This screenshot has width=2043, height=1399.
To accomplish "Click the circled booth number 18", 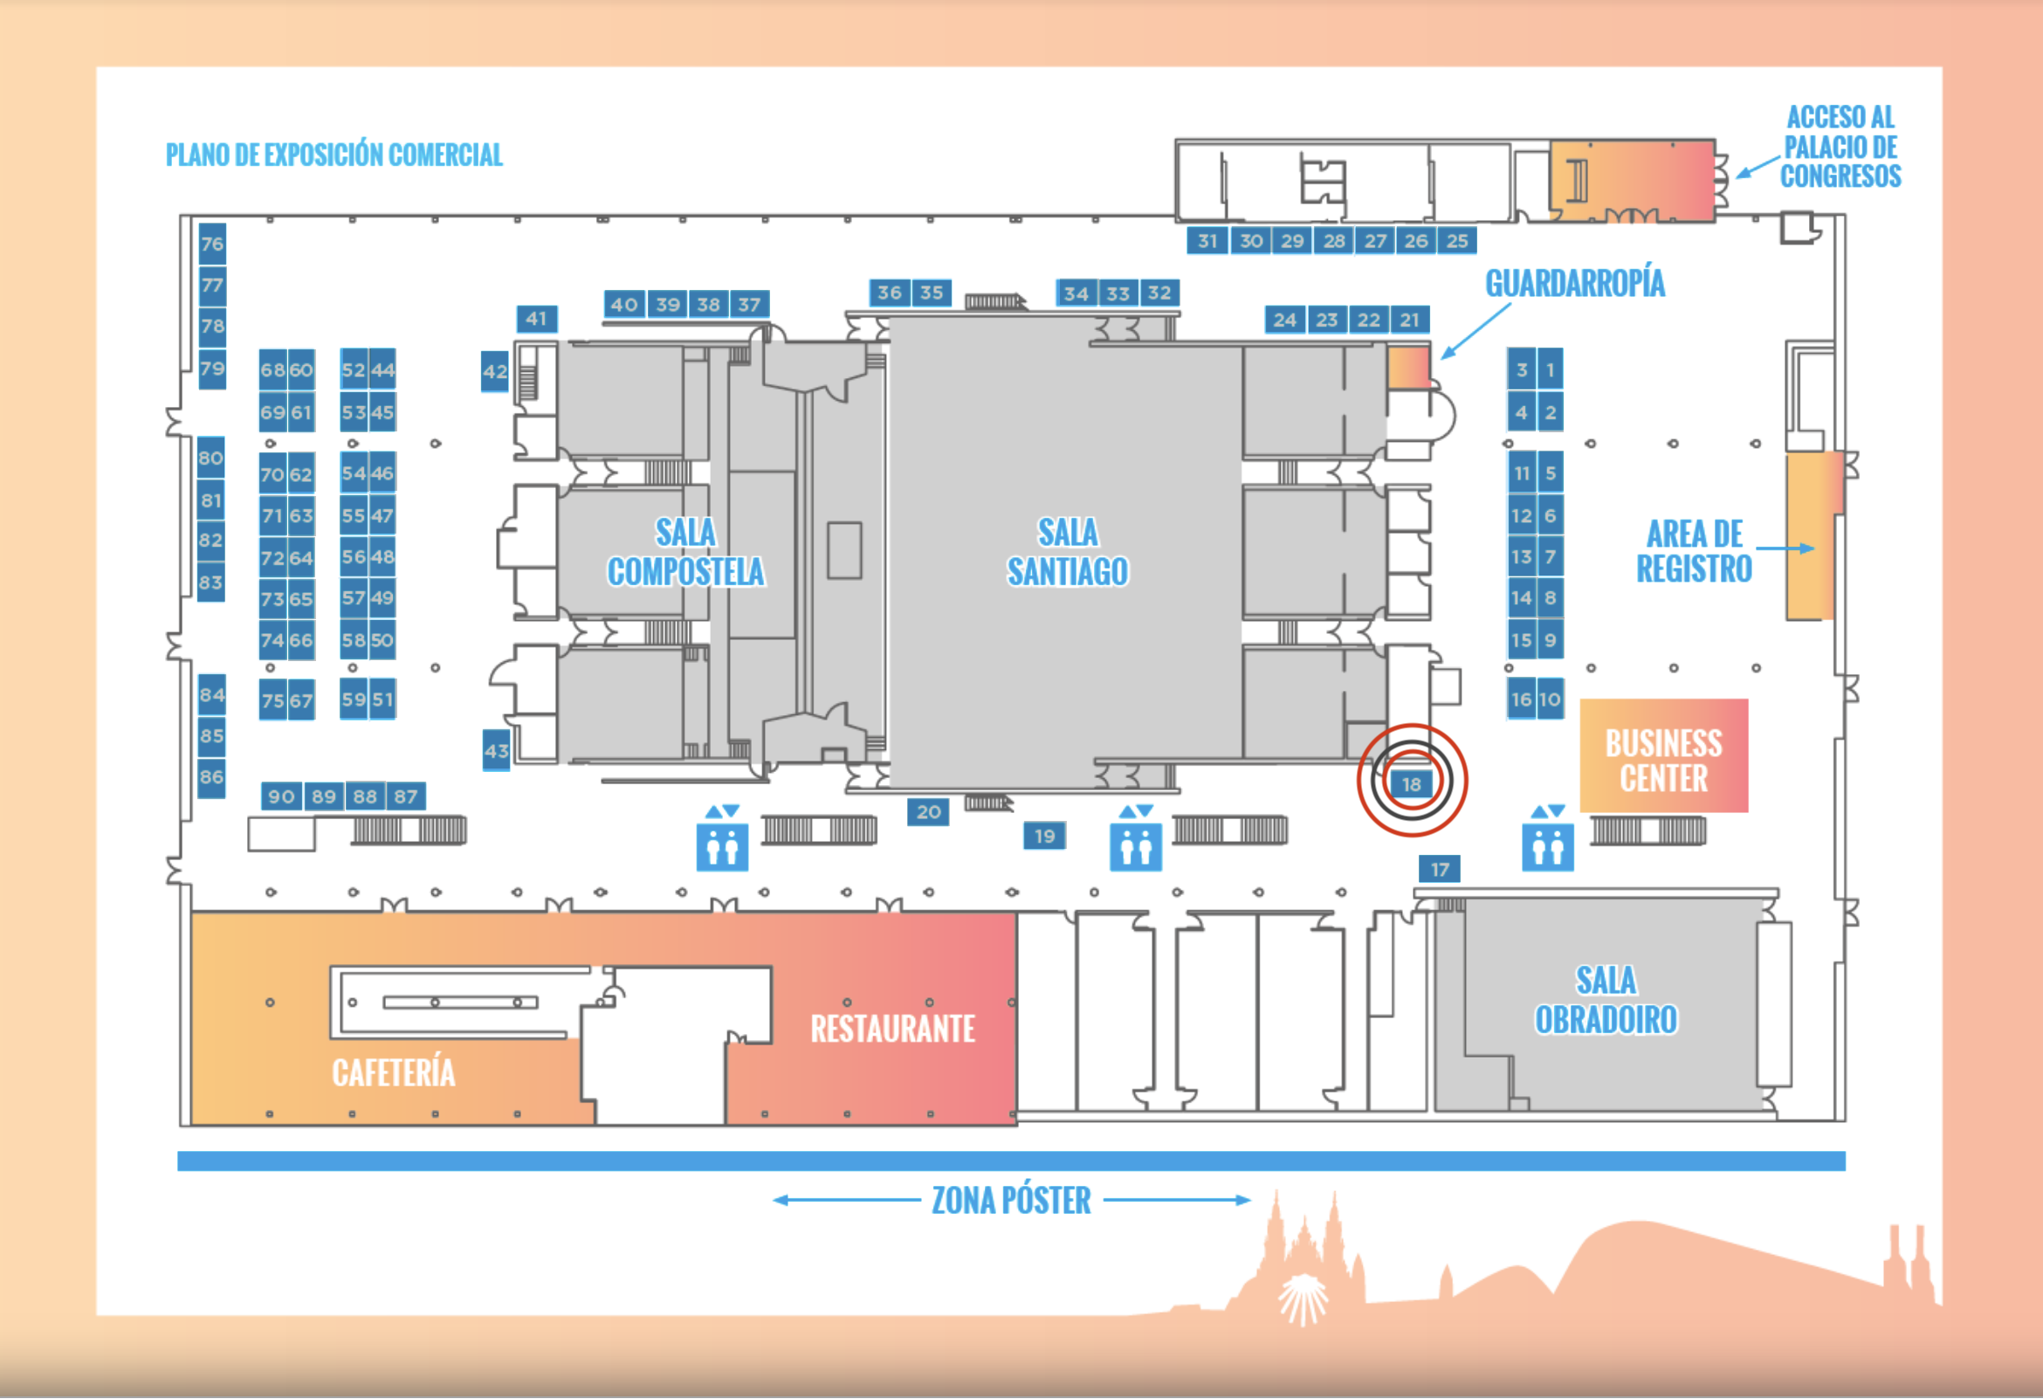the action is (1411, 784).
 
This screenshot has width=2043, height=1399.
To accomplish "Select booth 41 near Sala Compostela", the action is (536, 319).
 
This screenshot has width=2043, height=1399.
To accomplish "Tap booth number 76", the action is (212, 244).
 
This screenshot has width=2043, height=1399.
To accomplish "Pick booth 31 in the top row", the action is (1207, 240).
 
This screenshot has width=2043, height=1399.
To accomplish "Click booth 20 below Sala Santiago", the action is (928, 811).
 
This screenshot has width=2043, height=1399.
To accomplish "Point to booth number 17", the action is (1439, 870).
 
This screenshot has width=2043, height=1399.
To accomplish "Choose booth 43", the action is (496, 750).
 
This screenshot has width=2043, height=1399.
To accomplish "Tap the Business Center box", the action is (1663, 755).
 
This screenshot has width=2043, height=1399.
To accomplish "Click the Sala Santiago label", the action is (1067, 552).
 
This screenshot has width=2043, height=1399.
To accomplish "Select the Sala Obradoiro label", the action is (1606, 1000).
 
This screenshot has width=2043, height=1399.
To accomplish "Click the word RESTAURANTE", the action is (892, 1029).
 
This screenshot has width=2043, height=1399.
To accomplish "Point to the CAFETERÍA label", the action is (393, 1072).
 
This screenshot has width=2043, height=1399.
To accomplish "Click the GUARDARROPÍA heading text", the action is (1574, 283).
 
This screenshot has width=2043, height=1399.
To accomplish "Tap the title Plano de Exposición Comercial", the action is (334, 155).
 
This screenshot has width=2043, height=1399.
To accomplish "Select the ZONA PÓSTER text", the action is (1011, 1200).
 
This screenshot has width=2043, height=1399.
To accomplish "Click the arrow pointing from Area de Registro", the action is (1785, 548).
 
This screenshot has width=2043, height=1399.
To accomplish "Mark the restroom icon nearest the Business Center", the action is (1548, 839).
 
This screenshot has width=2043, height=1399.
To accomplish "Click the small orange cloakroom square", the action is (1408, 367).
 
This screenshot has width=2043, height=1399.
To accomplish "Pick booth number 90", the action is (281, 796).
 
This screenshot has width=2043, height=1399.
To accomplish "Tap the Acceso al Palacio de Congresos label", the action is (1840, 147).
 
